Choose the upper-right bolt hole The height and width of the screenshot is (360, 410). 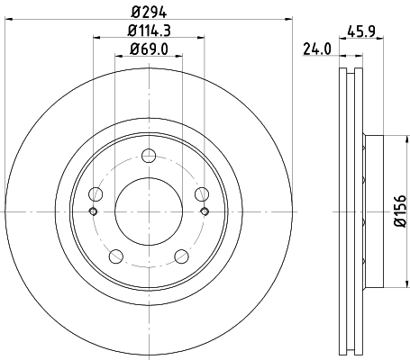[x=200, y=192]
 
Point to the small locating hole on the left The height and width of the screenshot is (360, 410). [x=94, y=211]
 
